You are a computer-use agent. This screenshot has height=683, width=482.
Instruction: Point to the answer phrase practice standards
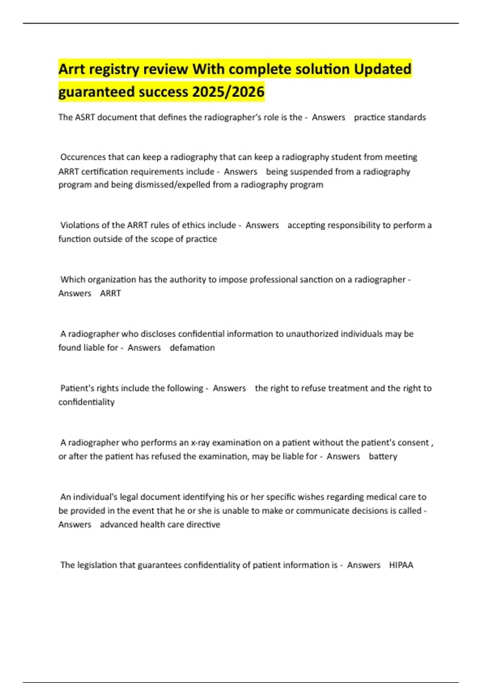tap(390, 117)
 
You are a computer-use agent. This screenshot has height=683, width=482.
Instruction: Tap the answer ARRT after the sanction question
tap(110, 293)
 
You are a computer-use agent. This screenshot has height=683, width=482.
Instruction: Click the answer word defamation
tap(192, 348)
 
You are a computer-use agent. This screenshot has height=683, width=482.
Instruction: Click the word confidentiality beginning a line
tap(86, 402)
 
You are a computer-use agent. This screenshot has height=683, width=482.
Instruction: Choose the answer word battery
tap(383, 456)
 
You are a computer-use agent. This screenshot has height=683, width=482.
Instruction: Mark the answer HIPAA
tap(401, 565)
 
